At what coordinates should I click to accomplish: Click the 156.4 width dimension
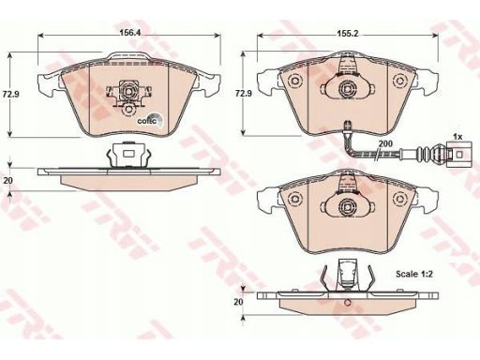(130, 33)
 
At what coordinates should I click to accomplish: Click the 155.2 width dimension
(348, 34)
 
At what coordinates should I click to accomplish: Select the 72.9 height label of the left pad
(10, 94)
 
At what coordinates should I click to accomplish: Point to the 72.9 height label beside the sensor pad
(244, 94)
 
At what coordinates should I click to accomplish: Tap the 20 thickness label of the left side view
(7, 180)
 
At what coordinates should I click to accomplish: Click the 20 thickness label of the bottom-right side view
(238, 302)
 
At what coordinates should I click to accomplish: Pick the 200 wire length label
(385, 143)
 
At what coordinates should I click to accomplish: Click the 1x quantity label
(457, 137)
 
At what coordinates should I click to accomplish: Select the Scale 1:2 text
(414, 274)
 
